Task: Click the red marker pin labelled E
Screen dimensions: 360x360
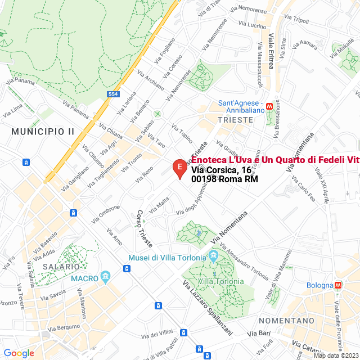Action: click(x=179, y=168)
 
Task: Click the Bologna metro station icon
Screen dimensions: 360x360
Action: click(x=338, y=285)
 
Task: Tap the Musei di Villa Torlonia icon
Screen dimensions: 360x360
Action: click(x=213, y=257)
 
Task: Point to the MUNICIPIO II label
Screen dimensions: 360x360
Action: click(x=43, y=131)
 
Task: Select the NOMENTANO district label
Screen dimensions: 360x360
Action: click(x=286, y=320)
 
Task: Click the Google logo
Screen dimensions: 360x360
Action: click(x=19, y=353)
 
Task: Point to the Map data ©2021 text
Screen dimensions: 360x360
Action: click(x=335, y=355)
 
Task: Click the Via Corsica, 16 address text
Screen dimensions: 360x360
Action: click(x=221, y=170)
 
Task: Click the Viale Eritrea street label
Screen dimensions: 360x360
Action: click(x=271, y=51)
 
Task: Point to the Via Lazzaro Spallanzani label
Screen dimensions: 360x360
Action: click(x=206, y=307)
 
